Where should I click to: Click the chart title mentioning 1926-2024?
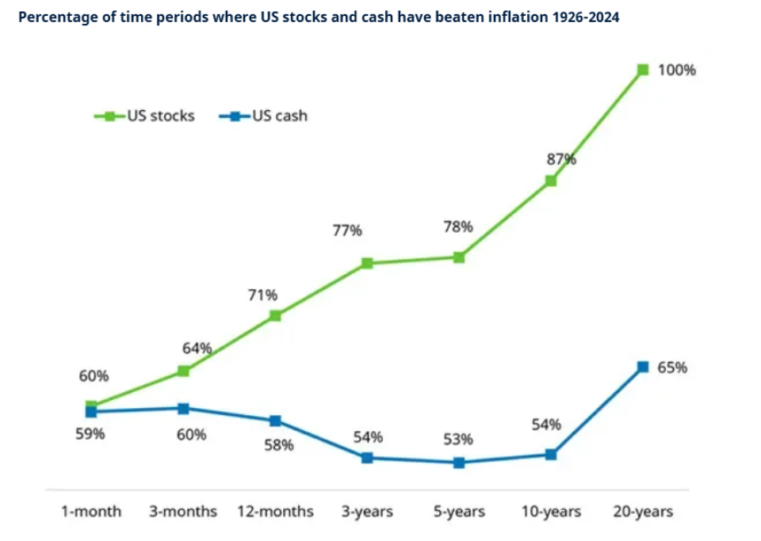[x=318, y=17]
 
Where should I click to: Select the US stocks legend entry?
[x=144, y=116]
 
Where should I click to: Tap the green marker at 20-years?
[x=642, y=70]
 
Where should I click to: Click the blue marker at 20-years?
[x=642, y=367]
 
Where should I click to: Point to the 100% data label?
[x=677, y=70]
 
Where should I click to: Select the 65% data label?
[x=673, y=368]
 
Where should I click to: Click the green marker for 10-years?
[x=551, y=181]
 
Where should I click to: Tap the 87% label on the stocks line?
[x=560, y=158]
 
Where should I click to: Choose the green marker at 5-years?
[x=459, y=257]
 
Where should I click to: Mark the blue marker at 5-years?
[x=459, y=463]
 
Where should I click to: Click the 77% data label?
[x=346, y=230]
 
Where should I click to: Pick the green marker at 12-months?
[x=275, y=315]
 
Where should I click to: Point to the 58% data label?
[x=278, y=445]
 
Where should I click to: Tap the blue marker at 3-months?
[x=183, y=409]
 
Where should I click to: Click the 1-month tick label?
[x=91, y=512]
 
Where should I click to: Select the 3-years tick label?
[x=368, y=512]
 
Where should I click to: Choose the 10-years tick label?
[x=550, y=512]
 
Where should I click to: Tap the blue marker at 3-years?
[x=367, y=458]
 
